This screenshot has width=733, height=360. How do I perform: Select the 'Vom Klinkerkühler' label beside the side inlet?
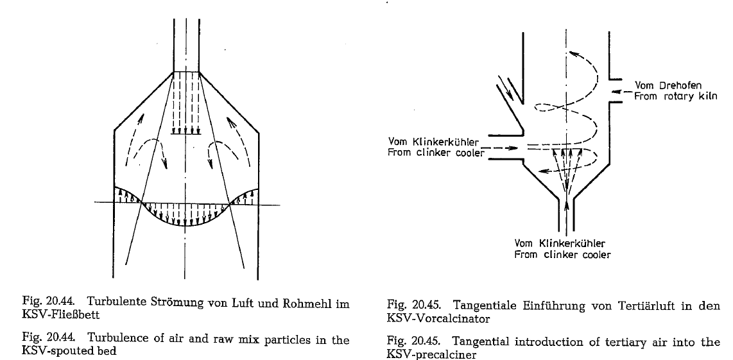[x=433, y=142]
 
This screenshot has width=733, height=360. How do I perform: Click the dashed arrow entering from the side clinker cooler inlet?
[x=501, y=148]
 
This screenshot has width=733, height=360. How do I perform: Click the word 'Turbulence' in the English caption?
[x=111, y=339]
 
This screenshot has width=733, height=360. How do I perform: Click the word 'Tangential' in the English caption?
[x=470, y=342]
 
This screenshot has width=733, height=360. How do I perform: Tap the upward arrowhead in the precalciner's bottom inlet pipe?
[x=567, y=204]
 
